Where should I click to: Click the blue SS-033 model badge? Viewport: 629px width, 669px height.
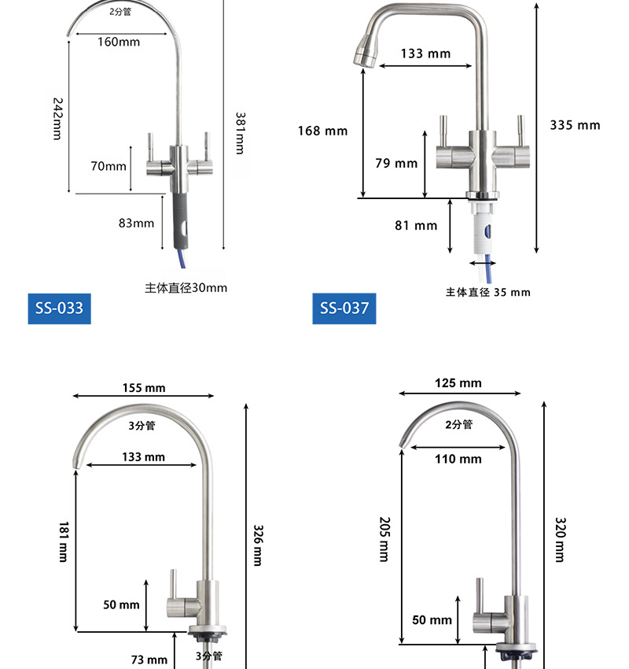click(x=59, y=309)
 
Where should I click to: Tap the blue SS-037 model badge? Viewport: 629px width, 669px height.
click(x=344, y=309)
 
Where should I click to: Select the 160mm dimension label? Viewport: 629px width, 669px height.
click(x=119, y=42)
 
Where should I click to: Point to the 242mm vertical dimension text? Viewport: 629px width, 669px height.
click(x=57, y=119)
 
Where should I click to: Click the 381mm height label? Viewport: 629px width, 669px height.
click(x=241, y=133)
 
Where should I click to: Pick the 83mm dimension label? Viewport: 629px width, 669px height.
click(x=136, y=224)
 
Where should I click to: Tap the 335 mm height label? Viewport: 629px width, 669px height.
click(x=575, y=125)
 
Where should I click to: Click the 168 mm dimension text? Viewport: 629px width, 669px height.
click(x=322, y=131)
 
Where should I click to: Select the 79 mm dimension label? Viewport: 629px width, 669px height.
click(x=396, y=163)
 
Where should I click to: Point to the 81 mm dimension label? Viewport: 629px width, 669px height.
click(x=416, y=225)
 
